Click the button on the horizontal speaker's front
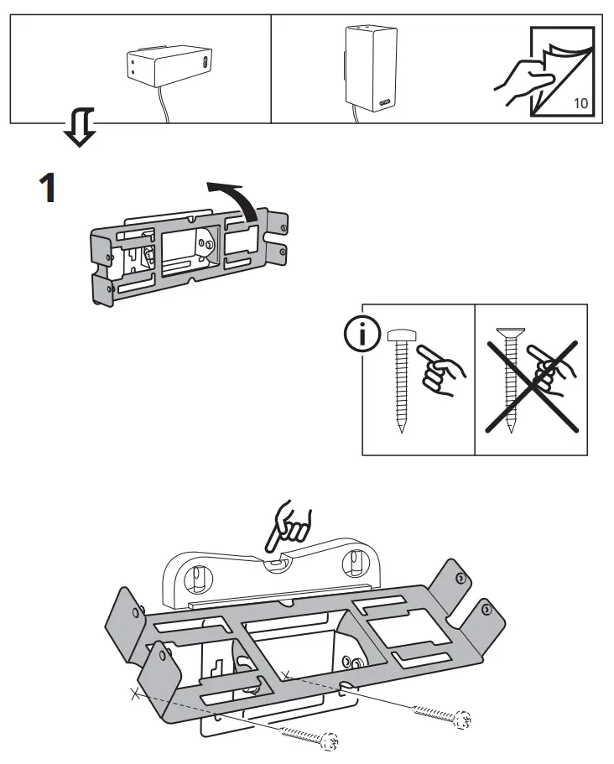click(x=206, y=62)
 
